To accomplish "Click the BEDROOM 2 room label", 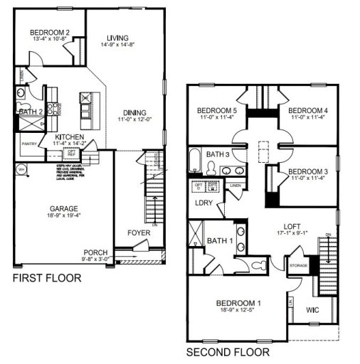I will pyautogui.click(x=49, y=32).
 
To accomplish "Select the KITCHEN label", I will pyautogui.click(x=70, y=136).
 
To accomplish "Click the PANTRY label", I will pyautogui.click(x=28, y=144).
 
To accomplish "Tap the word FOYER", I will pyautogui.click(x=139, y=232).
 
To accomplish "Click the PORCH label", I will pyautogui.click(x=95, y=252).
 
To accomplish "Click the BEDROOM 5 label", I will pyautogui.click(x=216, y=111).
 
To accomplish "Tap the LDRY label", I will pyautogui.click(x=204, y=203).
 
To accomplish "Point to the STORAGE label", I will pyautogui.click(x=297, y=265).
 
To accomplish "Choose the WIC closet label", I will pyautogui.click(x=312, y=311).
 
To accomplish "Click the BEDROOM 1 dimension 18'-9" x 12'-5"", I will pyautogui.click(x=238, y=312).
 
